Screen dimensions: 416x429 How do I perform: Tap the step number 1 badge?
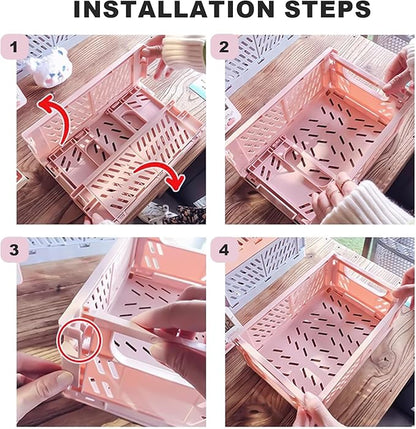(x=14, y=47)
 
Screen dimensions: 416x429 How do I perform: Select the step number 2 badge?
(x=224, y=47)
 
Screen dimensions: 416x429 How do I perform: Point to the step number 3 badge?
(x=14, y=250)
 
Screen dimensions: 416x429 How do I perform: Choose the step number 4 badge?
(x=224, y=250)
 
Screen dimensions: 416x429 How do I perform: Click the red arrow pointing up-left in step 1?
(x=55, y=117)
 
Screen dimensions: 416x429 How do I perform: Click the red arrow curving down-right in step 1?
(x=163, y=173)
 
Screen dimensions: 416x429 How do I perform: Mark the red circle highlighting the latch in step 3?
(x=79, y=340)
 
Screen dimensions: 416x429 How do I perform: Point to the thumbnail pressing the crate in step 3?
(x=63, y=379)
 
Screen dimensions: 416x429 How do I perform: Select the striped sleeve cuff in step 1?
(x=184, y=51)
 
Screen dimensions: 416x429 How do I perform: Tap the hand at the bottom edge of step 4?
(x=315, y=412)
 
